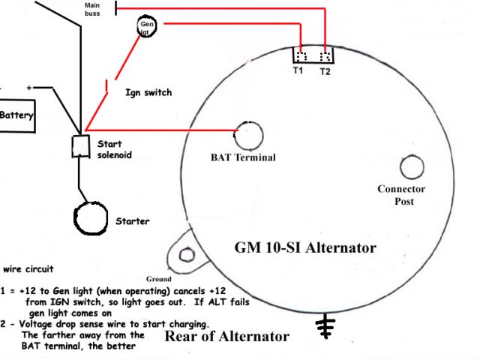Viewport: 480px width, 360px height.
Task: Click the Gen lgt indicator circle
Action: pyautogui.click(x=146, y=28)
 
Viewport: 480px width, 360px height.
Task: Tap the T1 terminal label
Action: pyautogui.click(x=298, y=71)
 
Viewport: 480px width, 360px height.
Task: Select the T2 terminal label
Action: pyautogui.click(x=325, y=71)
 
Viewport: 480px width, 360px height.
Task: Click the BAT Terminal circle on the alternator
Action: pyautogui.click(x=250, y=135)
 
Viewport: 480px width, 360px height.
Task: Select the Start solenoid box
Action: pyautogui.click(x=79, y=146)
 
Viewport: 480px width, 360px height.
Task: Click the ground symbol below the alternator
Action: pyautogui.click(x=325, y=325)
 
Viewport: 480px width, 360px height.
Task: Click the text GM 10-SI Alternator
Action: pyautogui.click(x=307, y=247)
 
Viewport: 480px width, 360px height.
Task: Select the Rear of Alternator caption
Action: pyautogui.click(x=226, y=337)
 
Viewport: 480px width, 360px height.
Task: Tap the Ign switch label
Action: pyautogui.click(x=148, y=92)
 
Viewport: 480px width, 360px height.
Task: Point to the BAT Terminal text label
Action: pyautogui.click(x=243, y=157)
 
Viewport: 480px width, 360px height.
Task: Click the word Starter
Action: pyautogui.click(x=132, y=221)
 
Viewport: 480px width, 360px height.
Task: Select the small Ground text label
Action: pyautogui.click(x=158, y=278)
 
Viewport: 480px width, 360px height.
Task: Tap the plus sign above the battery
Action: pyautogui.click(x=29, y=88)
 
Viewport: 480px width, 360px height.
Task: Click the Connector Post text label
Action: pyautogui.click(x=401, y=196)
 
